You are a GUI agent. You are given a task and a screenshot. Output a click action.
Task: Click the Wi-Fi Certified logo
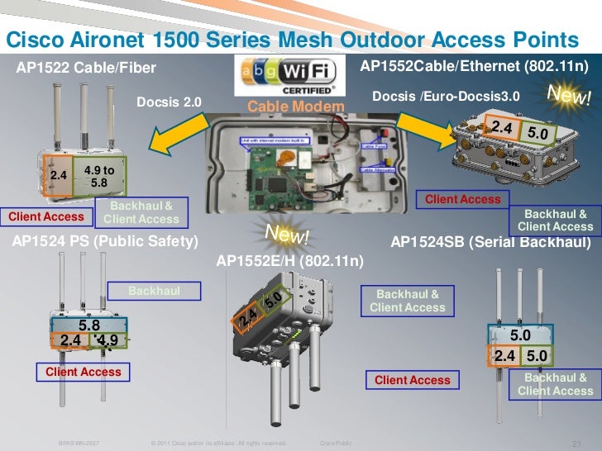pos(284,77)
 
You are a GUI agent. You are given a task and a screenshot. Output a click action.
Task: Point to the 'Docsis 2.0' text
pos(169,102)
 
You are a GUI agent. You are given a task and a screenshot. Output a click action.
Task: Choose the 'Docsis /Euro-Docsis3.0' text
pos(446,97)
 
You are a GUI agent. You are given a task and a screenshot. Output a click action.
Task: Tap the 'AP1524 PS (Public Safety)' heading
pos(104,241)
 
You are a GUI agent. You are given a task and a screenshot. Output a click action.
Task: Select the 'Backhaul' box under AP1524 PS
pos(155,291)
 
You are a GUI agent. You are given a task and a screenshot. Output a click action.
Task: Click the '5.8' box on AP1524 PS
pos(88,325)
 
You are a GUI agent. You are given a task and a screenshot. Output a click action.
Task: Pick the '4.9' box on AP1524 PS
pos(107,340)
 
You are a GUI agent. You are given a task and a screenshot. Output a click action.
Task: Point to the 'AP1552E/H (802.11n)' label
pos(289,260)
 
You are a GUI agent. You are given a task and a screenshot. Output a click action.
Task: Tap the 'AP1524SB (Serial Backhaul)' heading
pos(490,242)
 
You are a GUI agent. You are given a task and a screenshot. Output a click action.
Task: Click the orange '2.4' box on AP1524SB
pos(504,356)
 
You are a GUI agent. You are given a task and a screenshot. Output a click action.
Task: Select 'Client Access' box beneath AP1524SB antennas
pos(413,380)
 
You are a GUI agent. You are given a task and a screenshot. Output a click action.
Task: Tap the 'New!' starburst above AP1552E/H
pos(286,236)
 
